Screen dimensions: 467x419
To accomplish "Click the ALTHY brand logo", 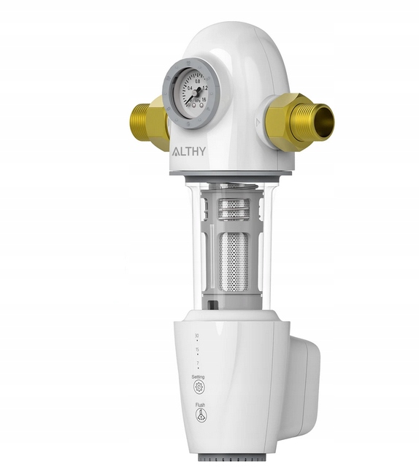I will [x=188, y=153].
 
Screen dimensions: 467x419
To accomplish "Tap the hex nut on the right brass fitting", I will [x=287, y=120].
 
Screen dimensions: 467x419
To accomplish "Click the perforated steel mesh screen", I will [x=236, y=258].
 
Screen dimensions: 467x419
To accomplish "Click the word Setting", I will [x=198, y=377].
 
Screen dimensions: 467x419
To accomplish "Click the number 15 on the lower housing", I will [x=196, y=350].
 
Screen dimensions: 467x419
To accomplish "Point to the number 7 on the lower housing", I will [x=196, y=363].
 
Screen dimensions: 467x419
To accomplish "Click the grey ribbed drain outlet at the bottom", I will [x=232, y=461].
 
